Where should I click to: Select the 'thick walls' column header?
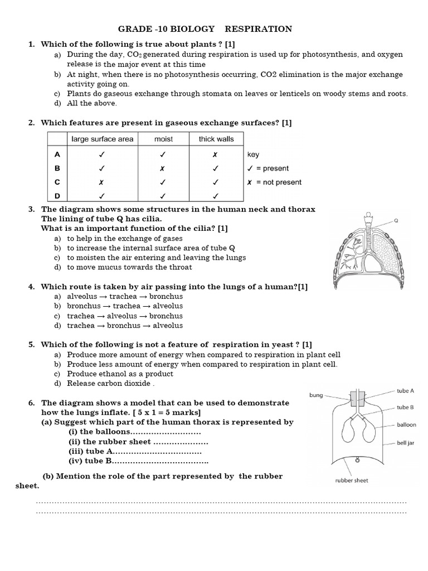(216, 139)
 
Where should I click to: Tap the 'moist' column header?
(163, 139)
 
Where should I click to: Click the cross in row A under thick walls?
(215, 154)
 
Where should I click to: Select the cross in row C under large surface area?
(101, 182)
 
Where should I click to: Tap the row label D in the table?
(57, 196)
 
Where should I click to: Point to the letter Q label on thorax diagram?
(396, 220)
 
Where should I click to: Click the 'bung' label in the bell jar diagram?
(316, 395)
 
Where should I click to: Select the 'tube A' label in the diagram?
(405, 391)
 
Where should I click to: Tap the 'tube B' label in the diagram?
(405, 407)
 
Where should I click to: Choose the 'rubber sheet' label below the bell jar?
(351, 480)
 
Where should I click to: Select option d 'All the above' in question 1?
(92, 103)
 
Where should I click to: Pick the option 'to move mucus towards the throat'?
(129, 267)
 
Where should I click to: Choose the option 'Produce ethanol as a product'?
(120, 374)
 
